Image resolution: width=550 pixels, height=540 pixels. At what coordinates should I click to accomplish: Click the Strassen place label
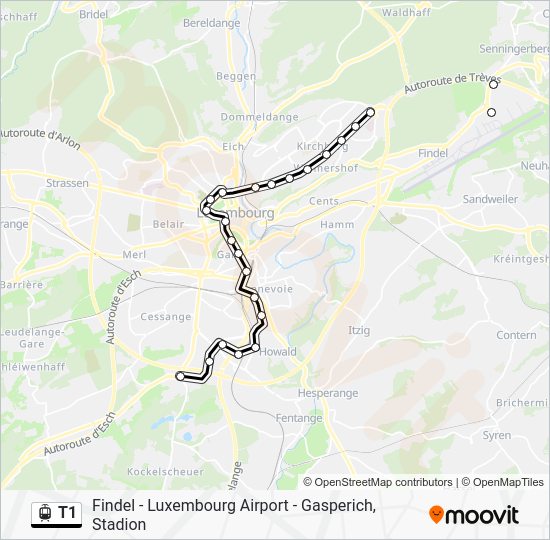click(x=68, y=184)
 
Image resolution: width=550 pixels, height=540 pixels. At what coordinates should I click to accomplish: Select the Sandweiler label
click(x=490, y=199)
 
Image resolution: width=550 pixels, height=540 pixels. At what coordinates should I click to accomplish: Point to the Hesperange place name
click(x=327, y=393)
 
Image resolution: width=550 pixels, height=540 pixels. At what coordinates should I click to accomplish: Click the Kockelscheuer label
click(x=165, y=470)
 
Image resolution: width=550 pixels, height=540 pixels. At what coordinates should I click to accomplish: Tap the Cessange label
click(x=166, y=317)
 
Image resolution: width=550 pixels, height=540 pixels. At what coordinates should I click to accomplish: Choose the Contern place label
click(x=516, y=335)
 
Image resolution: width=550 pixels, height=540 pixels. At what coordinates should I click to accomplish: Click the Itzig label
click(x=358, y=330)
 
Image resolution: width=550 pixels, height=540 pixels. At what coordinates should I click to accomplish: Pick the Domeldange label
click(x=260, y=117)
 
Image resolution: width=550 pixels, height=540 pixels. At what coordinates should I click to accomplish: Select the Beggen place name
click(x=236, y=76)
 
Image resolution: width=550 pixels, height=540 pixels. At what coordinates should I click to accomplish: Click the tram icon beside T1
click(x=43, y=513)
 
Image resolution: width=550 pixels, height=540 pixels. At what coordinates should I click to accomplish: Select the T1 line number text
click(x=68, y=513)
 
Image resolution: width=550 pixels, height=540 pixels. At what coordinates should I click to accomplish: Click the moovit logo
click(x=474, y=515)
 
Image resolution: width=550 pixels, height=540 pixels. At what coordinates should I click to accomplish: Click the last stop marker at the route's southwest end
click(x=180, y=376)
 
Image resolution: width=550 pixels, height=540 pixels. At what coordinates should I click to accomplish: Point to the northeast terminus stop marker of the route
click(x=370, y=111)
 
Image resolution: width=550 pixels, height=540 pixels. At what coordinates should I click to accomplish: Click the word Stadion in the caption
click(x=119, y=524)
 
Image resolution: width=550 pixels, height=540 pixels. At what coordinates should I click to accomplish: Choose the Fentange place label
click(x=297, y=417)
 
